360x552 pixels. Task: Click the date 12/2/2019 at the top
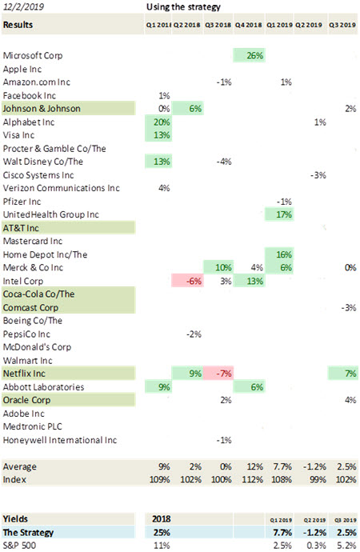tap(23, 6)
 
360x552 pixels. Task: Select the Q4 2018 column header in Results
tap(249, 25)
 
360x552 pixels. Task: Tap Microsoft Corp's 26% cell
tap(249, 55)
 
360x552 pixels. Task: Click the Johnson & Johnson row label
tap(42, 109)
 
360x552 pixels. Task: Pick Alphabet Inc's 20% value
tap(162, 122)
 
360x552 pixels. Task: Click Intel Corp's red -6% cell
tap(187, 281)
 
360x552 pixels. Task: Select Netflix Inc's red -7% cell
tap(218, 374)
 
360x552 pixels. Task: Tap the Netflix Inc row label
tap(24, 374)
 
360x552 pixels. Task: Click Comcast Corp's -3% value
tap(349, 308)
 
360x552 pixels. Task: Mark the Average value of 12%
tap(254, 467)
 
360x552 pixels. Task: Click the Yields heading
tap(15, 519)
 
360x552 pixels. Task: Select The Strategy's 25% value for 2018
tap(162, 532)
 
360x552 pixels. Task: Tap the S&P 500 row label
tap(19, 546)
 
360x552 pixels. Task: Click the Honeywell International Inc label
tap(60, 440)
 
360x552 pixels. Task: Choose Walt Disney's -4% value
tap(224, 162)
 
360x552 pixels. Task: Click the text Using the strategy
tap(183, 7)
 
